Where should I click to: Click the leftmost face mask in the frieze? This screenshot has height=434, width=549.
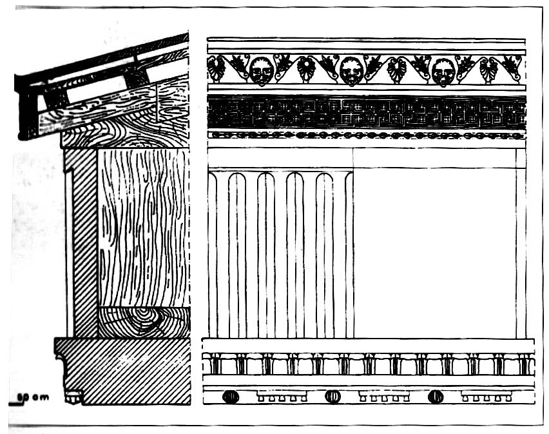(x=261, y=72)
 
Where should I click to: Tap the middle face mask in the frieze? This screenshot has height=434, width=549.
(x=351, y=71)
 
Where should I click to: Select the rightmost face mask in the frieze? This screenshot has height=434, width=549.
(x=443, y=72)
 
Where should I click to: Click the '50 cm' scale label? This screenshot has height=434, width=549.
(x=32, y=397)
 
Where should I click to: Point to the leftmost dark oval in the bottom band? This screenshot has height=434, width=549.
(x=230, y=397)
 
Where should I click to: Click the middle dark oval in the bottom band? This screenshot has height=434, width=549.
(x=332, y=397)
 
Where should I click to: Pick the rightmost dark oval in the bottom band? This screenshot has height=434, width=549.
(x=436, y=397)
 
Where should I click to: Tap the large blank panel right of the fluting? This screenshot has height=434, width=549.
(x=435, y=252)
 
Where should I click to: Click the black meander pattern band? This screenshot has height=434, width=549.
(x=366, y=112)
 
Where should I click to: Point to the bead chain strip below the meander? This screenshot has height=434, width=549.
(x=366, y=135)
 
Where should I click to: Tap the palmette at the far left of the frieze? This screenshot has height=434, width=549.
(x=216, y=68)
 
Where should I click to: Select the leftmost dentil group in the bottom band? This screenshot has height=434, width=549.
(x=276, y=395)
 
